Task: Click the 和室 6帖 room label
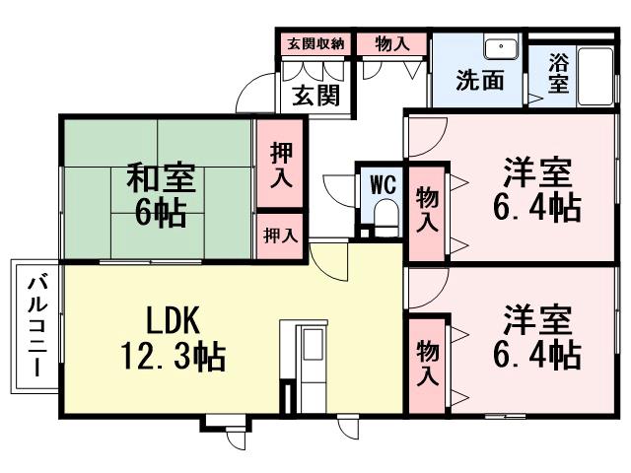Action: (160, 196)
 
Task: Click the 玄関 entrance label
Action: (315, 95)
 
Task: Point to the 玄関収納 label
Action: (315, 43)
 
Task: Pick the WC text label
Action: (383, 184)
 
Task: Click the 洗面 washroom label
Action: (479, 80)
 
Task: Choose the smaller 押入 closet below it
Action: (281, 236)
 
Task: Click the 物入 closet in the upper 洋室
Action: (426, 209)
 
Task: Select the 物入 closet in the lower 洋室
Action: (427, 363)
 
